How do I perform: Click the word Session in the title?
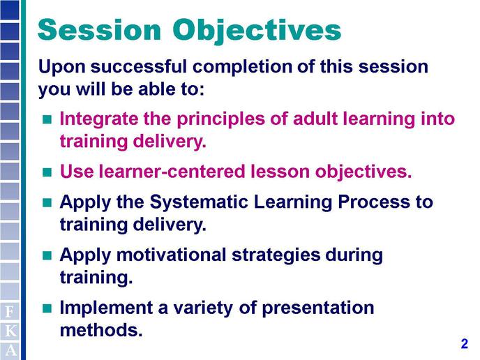coord(100,30)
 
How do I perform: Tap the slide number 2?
coord(465,343)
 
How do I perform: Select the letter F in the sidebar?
coord(10,312)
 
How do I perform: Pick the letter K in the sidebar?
coord(10,331)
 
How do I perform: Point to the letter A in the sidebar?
coord(10,350)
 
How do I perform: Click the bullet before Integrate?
coord(47,119)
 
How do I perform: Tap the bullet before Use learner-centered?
coord(47,172)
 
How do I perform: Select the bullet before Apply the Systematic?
coord(47,202)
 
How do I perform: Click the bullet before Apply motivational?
coord(47,255)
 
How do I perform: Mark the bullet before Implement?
coord(47,308)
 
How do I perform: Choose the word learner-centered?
coord(172,172)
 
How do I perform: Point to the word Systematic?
coord(199,203)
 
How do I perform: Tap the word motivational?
coord(171,255)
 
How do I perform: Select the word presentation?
coord(317,308)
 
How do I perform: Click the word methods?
coord(101,330)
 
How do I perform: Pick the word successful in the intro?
coord(138,66)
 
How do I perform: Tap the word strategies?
coord(276,256)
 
